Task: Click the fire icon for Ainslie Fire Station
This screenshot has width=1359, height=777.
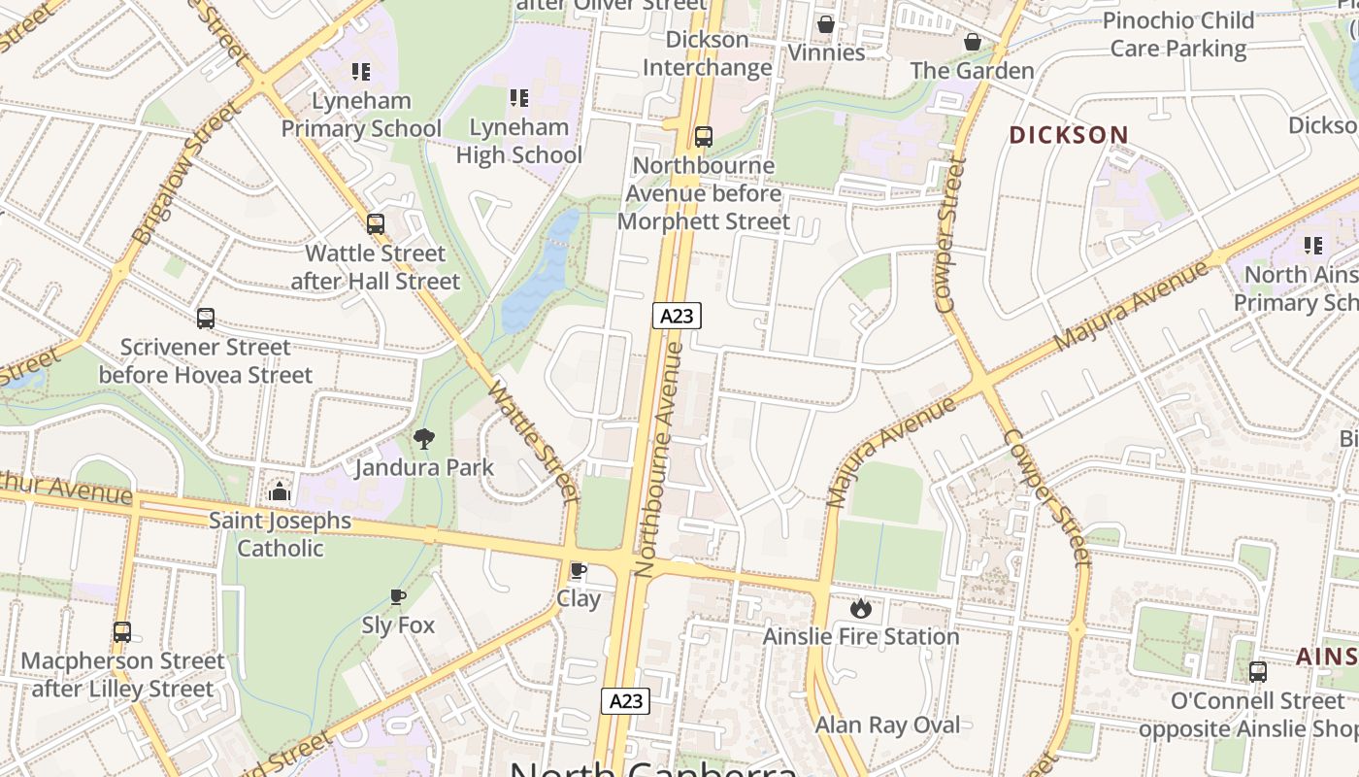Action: coord(860,609)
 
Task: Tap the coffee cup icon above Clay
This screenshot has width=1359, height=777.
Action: coord(579,570)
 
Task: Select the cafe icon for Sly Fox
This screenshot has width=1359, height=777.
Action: coord(397,596)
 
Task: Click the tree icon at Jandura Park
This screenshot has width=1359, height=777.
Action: coord(423,439)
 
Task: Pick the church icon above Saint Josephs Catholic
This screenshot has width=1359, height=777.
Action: coord(280,491)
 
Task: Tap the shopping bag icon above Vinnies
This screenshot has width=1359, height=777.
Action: coord(826,24)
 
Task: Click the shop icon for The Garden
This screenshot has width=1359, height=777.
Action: coord(972,43)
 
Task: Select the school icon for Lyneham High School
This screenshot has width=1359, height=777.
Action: coord(519,98)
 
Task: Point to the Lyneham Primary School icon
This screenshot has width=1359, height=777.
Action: coord(361,72)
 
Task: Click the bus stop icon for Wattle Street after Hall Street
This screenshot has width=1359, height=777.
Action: coord(376,224)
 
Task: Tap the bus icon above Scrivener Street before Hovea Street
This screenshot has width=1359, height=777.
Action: coord(206,319)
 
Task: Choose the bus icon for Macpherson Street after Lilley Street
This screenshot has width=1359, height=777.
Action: coord(122,632)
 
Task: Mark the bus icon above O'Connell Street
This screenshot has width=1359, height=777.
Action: coord(1257,671)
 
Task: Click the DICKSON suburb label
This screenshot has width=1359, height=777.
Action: coord(1069,135)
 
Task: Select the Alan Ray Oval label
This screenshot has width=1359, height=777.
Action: coord(887,725)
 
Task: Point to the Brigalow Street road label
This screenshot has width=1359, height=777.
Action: coord(185,173)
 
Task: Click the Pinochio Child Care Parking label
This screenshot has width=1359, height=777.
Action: coord(1178,34)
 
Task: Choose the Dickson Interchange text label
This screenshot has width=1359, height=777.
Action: coord(708,53)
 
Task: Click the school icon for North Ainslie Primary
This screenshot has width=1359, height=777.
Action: coord(1313,246)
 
